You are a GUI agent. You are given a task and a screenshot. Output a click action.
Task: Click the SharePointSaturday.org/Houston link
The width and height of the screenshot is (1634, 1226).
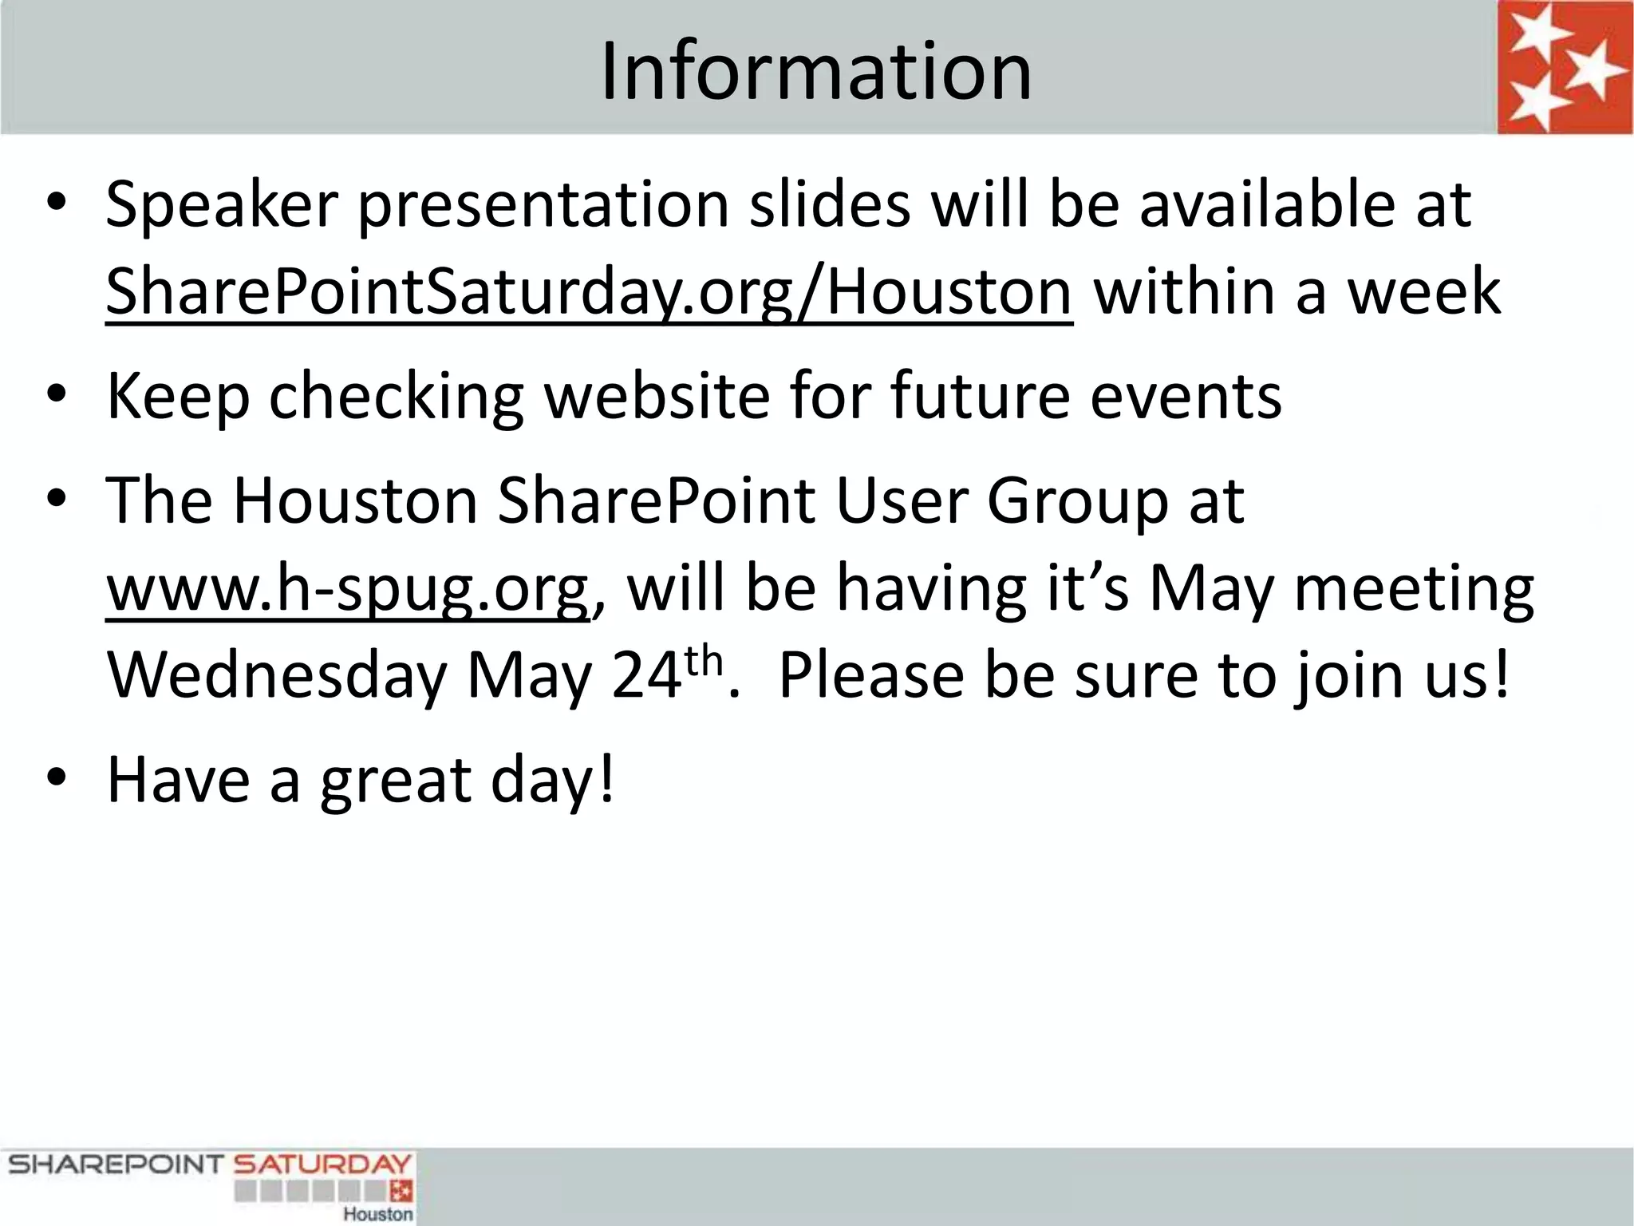pyautogui.click(x=589, y=292)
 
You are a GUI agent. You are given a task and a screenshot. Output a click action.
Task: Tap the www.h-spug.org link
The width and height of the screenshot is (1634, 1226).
pyautogui.click(x=348, y=587)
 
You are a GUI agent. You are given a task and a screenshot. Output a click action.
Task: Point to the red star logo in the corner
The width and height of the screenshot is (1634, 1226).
pyautogui.click(x=1564, y=67)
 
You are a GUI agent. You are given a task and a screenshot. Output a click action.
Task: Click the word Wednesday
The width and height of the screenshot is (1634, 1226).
pyautogui.click(x=276, y=675)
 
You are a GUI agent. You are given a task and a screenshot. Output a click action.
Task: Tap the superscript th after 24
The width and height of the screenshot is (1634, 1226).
pyautogui.click(x=704, y=661)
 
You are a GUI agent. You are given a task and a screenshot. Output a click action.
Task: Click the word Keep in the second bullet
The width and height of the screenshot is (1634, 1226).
pyautogui.click(x=177, y=396)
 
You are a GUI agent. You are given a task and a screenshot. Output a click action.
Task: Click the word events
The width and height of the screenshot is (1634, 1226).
pyautogui.click(x=1186, y=396)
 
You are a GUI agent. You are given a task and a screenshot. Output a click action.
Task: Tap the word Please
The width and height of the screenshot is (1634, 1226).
pyautogui.click(x=871, y=675)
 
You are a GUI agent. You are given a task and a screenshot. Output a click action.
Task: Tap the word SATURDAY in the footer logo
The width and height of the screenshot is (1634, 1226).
pyautogui.click(x=322, y=1165)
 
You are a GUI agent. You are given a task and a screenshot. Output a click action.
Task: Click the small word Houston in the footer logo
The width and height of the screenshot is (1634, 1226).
pyautogui.click(x=378, y=1214)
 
